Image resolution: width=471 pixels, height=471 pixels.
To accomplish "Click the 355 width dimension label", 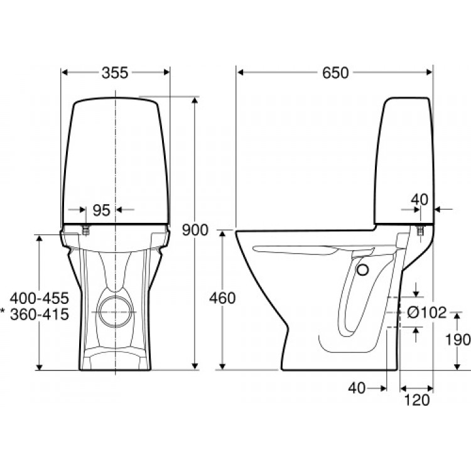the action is pyautogui.click(x=115, y=73).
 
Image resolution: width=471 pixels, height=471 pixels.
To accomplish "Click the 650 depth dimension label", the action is pyautogui.click(x=335, y=73).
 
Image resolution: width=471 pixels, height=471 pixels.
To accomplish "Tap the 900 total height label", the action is pyautogui.click(x=195, y=230).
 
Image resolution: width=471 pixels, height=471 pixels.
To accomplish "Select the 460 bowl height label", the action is pyautogui.click(x=222, y=298).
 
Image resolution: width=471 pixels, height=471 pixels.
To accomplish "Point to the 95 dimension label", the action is pyautogui.click(x=102, y=210).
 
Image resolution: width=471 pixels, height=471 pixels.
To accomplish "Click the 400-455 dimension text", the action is pyautogui.click(x=40, y=298).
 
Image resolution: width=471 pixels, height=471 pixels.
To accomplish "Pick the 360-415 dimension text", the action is pyautogui.click(x=40, y=314).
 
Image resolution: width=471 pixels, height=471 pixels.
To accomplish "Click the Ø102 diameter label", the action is pyautogui.click(x=427, y=312).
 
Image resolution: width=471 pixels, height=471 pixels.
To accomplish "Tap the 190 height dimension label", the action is pyautogui.click(x=458, y=340).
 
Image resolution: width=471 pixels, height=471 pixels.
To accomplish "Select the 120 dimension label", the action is pyautogui.click(x=417, y=400).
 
